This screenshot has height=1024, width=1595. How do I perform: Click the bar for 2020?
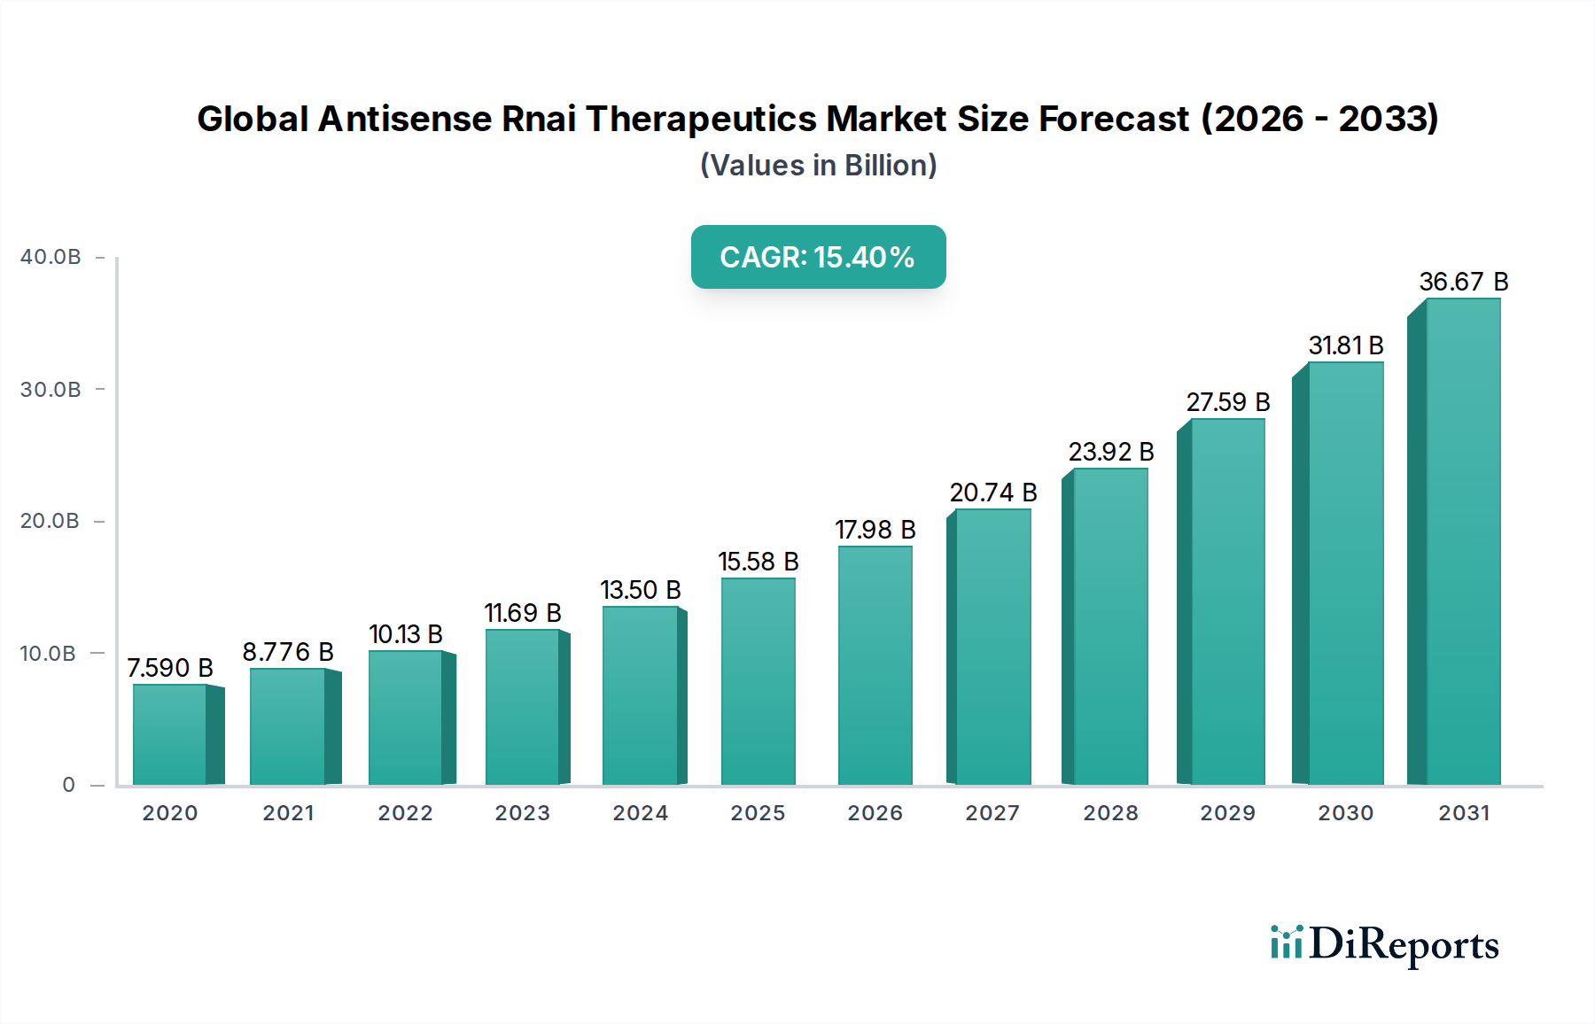pyautogui.click(x=170, y=735)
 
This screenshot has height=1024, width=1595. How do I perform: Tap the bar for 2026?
pyautogui.click(x=875, y=666)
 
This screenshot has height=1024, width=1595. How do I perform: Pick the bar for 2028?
pyautogui.click(x=1110, y=627)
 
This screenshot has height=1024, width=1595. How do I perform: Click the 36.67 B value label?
pyautogui.click(x=1463, y=282)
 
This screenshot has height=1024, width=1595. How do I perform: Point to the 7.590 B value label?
pyautogui.click(x=170, y=668)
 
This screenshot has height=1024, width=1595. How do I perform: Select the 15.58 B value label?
pyautogui.click(x=758, y=562)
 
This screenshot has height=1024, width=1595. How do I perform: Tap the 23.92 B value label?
pyautogui.click(x=1110, y=452)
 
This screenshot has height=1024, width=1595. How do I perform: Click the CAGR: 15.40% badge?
pyautogui.click(x=818, y=257)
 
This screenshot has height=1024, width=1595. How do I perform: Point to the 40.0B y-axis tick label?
pyautogui.click(x=51, y=257)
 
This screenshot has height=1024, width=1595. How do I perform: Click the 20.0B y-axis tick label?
pyautogui.click(x=51, y=521)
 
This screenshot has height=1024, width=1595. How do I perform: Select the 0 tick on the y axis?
pyautogui.click(x=68, y=785)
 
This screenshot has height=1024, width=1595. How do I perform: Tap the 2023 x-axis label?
pyautogui.click(x=522, y=813)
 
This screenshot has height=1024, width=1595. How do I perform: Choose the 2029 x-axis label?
pyautogui.click(x=1227, y=813)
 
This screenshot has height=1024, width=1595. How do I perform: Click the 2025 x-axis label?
pyautogui.click(x=758, y=813)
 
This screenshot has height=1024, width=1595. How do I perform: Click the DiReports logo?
pyautogui.click(x=1384, y=944)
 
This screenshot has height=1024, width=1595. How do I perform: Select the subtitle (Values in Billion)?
pyautogui.click(x=818, y=166)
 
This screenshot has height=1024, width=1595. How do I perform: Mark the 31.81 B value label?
pyautogui.click(x=1345, y=345)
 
